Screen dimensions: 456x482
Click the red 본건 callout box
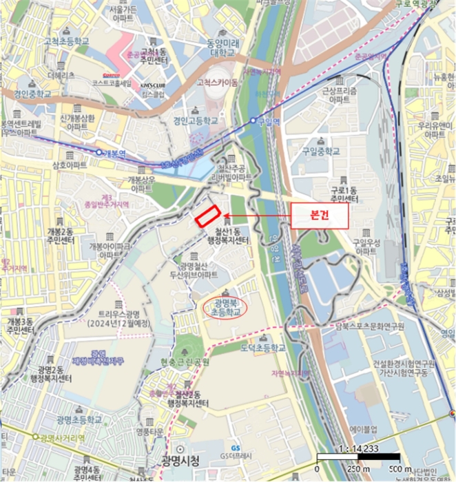pyautogui.click(x=318, y=214)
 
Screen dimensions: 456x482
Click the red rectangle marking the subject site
pyautogui.click(x=207, y=216)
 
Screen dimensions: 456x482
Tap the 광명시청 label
pyautogui.click(x=180, y=461)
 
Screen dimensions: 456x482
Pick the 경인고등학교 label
pyautogui.click(x=196, y=120)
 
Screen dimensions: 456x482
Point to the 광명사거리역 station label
pyautogui.click(x=62, y=437)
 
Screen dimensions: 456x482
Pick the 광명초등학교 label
pyautogui.click(x=79, y=419)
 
